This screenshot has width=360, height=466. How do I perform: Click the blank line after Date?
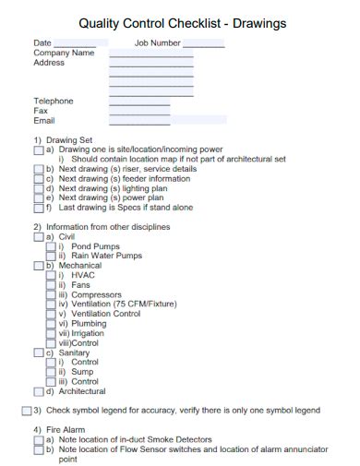[x=75, y=44]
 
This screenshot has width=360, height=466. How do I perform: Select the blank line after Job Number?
[x=204, y=44]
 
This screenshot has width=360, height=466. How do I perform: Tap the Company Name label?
[x=64, y=54]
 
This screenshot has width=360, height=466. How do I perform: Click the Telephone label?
[x=54, y=101]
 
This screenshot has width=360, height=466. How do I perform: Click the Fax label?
[x=41, y=111]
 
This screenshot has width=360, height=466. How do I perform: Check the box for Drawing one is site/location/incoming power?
[x=38, y=149]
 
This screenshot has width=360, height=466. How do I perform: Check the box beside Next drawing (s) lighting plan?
[x=38, y=188]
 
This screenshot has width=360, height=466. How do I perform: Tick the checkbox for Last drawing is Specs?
[x=38, y=208]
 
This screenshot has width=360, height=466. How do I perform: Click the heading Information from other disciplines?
[x=102, y=226]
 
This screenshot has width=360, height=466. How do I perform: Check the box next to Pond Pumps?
[x=51, y=246]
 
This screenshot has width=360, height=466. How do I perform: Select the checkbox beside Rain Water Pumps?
[x=51, y=256]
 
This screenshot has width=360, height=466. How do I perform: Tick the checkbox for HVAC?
[x=51, y=275]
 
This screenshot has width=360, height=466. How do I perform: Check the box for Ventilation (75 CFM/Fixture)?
[x=51, y=305]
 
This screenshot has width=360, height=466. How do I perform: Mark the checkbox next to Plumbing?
[x=51, y=324]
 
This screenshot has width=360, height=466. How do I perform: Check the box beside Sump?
[x=51, y=372]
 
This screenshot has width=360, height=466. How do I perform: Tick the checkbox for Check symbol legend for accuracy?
[x=26, y=410]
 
